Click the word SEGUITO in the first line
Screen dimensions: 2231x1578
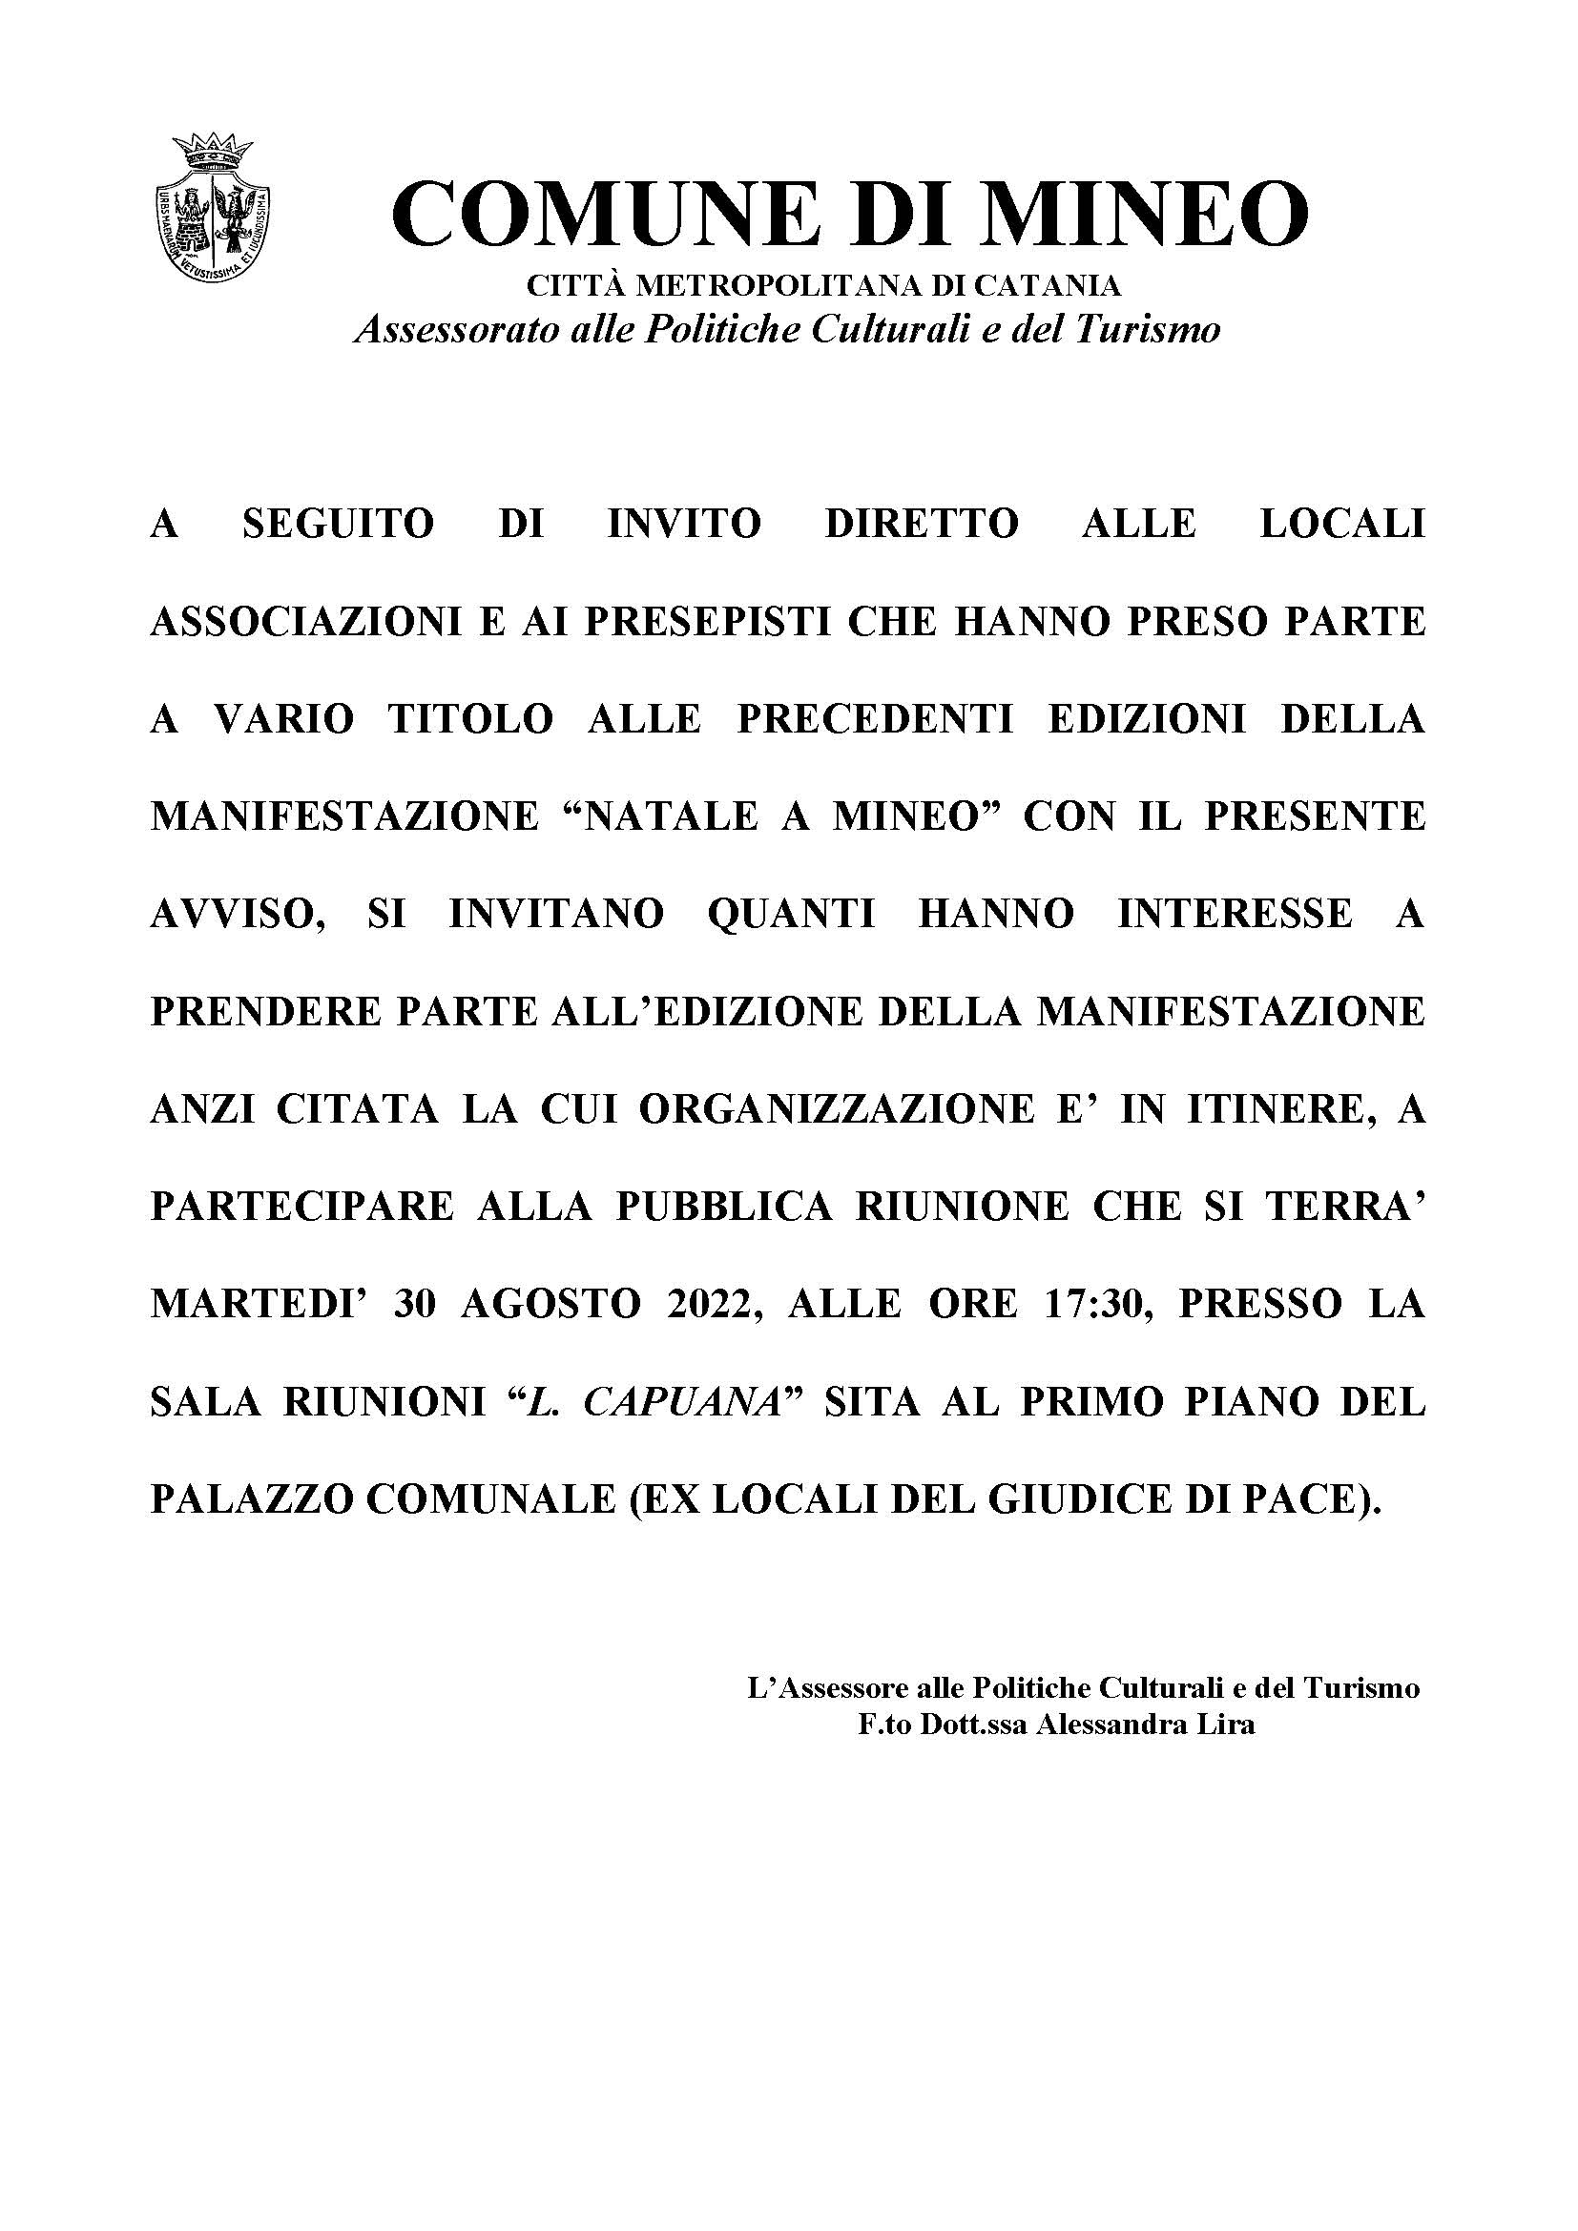338,524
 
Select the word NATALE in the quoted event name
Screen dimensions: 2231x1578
672,816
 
